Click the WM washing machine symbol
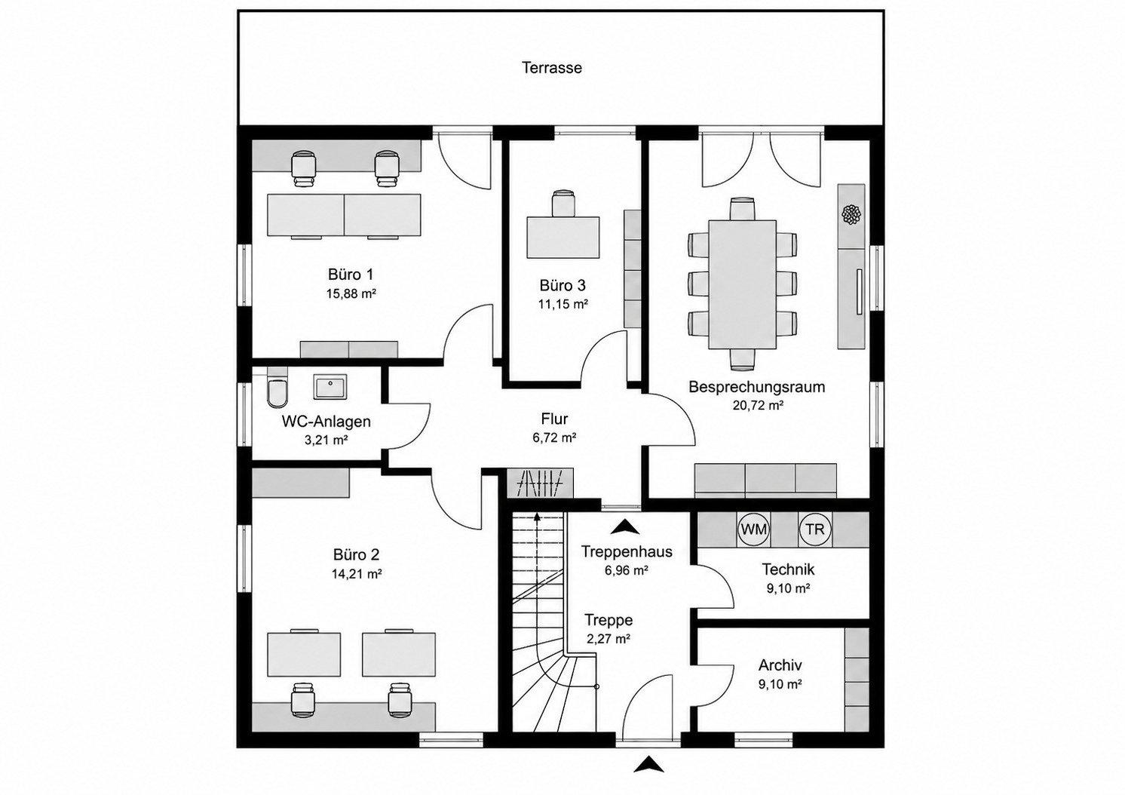click(x=754, y=529)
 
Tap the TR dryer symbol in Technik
click(x=815, y=529)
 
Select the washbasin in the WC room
click(x=330, y=386)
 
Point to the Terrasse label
click(x=552, y=68)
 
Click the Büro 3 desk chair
click(x=563, y=204)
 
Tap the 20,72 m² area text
click(x=759, y=406)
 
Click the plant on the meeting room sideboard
click(x=852, y=214)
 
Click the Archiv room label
click(x=780, y=665)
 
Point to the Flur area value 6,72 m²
click(x=554, y=437)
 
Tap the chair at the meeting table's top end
click(x=743, y=209)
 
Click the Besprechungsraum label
click(x=757, y=388)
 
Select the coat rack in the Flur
click(x=541, y=484)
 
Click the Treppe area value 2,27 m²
click(x=608, y=639)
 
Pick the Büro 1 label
click(x=351, y=275)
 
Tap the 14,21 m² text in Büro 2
click(x=357, y=573)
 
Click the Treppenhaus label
click(x=627, y=552)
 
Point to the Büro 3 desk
click(x=563, y=238)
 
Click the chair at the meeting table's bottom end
click(x=743, y=360)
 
